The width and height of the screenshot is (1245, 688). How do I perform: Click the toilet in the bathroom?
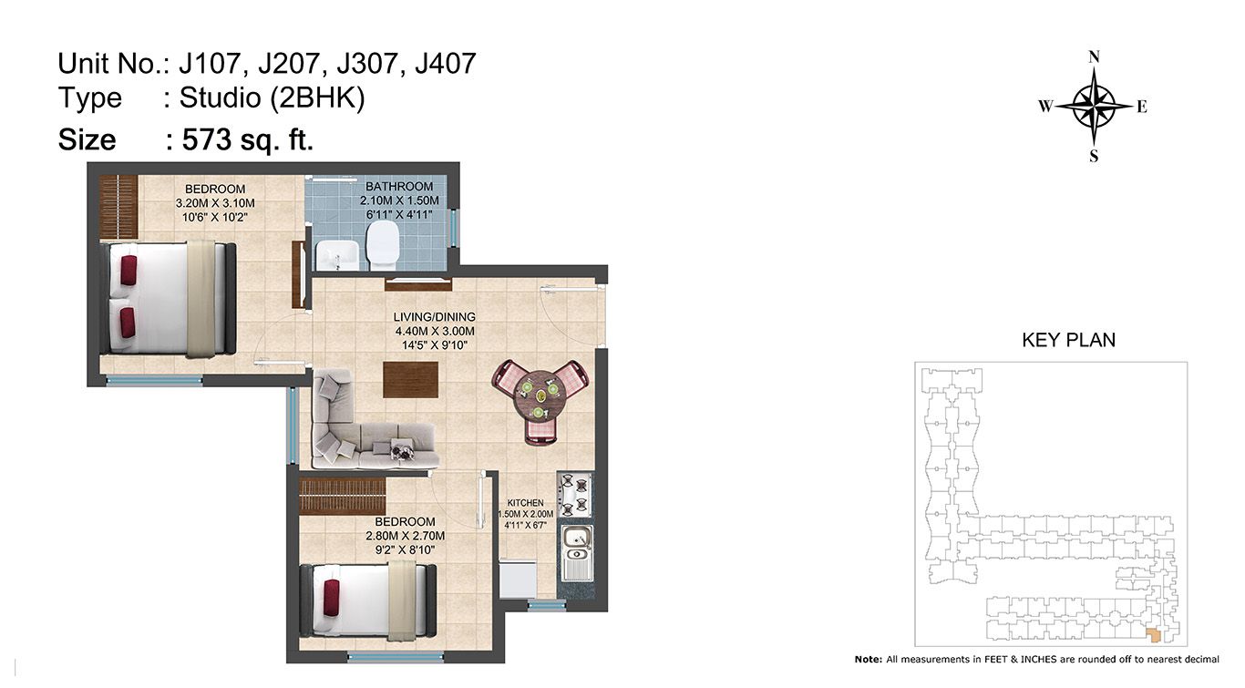tap(382, 244)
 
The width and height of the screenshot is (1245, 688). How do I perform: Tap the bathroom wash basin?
tap(337, 255)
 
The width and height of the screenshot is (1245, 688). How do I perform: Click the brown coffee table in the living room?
tap(410, 380)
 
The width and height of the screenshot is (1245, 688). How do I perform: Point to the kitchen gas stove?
tap(574, 495)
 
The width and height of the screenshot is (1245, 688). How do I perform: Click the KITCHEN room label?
tap(525, 502)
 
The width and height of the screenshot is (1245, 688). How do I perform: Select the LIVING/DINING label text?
tap(435, 317)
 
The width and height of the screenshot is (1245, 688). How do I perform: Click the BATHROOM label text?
tap(399, 187)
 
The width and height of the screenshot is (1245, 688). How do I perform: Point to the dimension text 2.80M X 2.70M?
tap(405, 537)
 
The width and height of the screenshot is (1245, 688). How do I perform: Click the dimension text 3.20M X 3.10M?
tap(215, 203)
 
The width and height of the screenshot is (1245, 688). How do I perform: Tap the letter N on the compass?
tap(1094, 57)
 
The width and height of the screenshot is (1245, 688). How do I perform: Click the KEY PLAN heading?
tap(1068, 340)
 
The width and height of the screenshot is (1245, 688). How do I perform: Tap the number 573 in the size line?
tap(207, 139)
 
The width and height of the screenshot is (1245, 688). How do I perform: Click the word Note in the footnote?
tap(867, 660)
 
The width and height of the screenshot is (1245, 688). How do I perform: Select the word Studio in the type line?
tap(220, 98)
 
